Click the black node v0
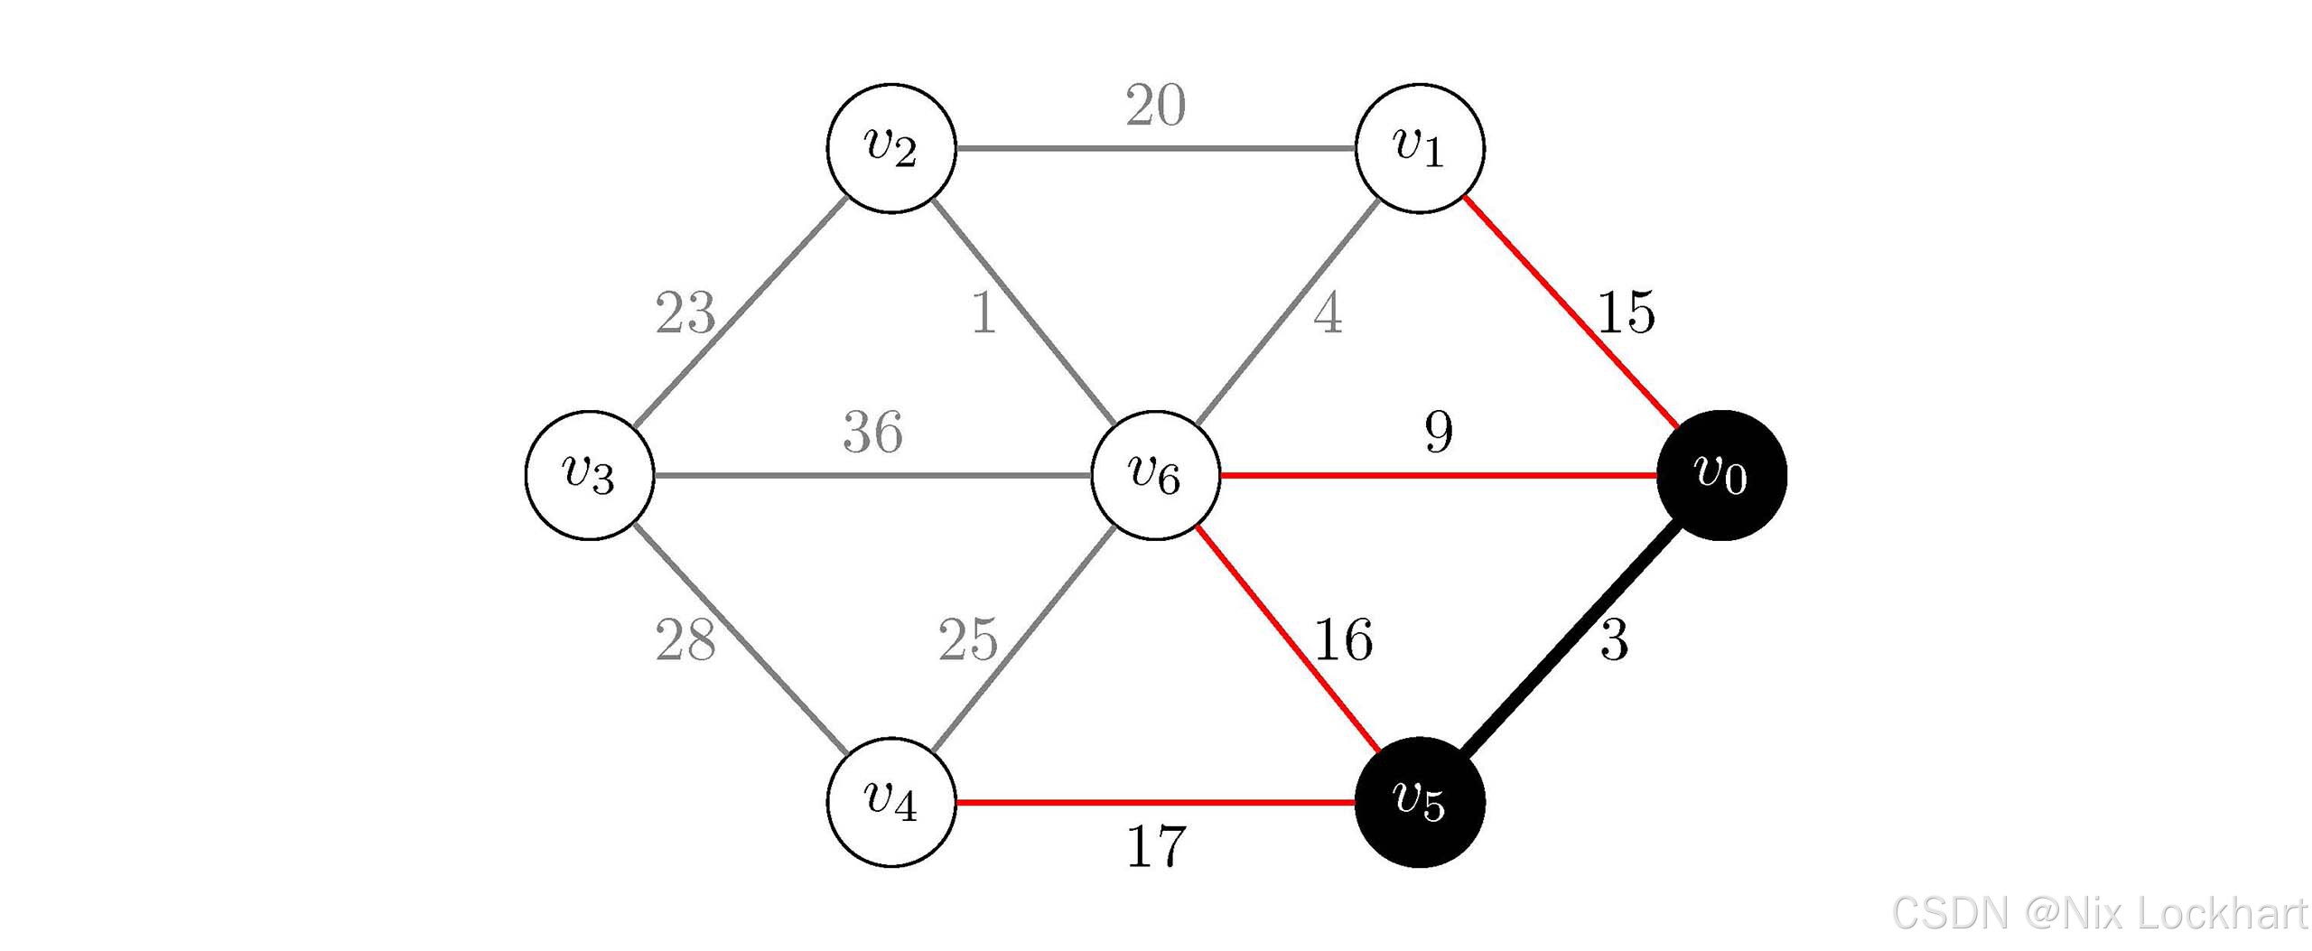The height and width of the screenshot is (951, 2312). [x=1721, y=475]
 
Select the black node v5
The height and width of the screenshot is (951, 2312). [x=1420, y=802]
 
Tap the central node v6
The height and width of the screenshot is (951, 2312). [x=1155, y=475]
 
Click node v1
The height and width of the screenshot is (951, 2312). [x=1420, y=148]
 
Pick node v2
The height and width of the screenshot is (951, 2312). [x=891, y=148]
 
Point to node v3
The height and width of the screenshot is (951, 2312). [x=590, y=475]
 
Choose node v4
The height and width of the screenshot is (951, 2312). [x=891, y=802]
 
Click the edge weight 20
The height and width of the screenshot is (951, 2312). [x=1155, y=106]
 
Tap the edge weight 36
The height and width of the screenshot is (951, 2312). [x=872, y=432]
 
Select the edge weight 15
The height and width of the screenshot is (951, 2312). [x=1626, y=313]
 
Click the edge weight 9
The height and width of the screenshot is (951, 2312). [x=1439, y=432]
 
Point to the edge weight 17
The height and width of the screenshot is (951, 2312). [x=1155, y=847]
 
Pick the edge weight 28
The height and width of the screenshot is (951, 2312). [x=685, y=640]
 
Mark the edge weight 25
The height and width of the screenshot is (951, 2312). [x=967, y=640]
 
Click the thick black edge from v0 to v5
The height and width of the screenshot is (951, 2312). [x=1571, y=639]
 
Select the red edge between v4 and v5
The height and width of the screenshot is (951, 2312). [x=1155, y=802]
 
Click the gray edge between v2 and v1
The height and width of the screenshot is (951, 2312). [x=1155, y=148]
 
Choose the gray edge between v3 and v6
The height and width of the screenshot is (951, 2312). [x=872, y=475]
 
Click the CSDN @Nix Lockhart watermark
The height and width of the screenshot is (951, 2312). [x=2099, y=913]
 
